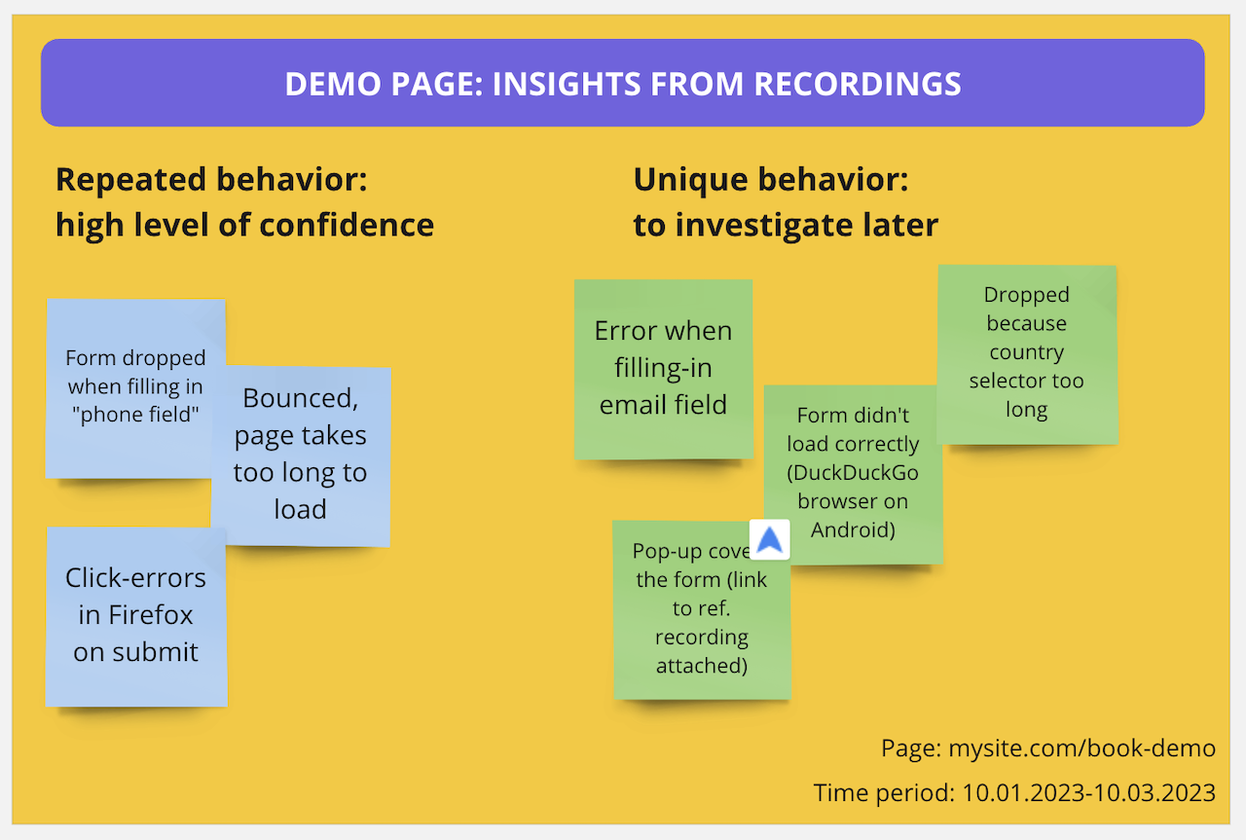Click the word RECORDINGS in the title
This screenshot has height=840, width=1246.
point(858,84)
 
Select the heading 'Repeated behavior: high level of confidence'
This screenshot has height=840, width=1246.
point(244,202)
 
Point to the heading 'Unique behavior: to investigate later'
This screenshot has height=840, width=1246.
point(786,202)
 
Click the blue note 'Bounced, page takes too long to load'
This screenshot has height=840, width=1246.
point(301,454)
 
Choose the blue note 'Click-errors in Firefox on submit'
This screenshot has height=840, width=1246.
point(135,615)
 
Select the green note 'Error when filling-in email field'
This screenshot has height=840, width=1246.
point(663,368)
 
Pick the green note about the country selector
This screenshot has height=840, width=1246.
point(1026,352)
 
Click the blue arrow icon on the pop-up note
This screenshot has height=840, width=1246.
point(770,540)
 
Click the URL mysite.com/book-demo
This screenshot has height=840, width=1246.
point(1081,748)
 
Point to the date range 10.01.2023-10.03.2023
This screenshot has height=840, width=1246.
point(1088,792)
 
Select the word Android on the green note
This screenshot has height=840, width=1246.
point(853,530)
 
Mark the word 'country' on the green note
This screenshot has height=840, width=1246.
point(1026,352)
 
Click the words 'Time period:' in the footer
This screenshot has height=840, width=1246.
point(884,792)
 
